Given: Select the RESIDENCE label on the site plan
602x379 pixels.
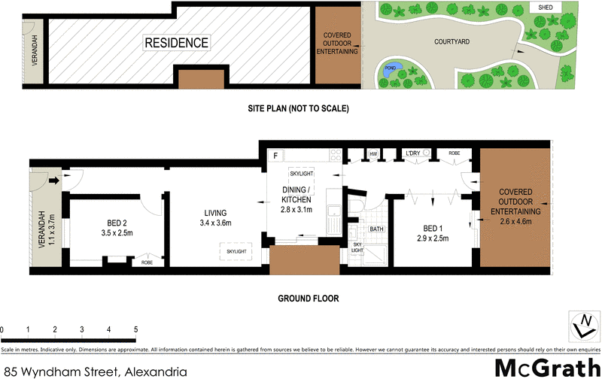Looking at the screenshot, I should click(176, 43).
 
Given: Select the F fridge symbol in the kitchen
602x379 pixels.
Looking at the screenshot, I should click(276, 156).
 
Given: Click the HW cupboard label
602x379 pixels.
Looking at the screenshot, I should click(372, 154).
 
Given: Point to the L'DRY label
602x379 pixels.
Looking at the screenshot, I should click(412, 153).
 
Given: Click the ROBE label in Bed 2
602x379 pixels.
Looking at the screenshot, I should click(147, 263).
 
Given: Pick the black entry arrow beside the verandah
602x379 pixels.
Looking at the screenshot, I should click(54, 180).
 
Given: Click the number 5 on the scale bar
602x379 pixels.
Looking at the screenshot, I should click(135, 329).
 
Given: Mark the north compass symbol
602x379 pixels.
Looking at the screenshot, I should click(582, 326).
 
